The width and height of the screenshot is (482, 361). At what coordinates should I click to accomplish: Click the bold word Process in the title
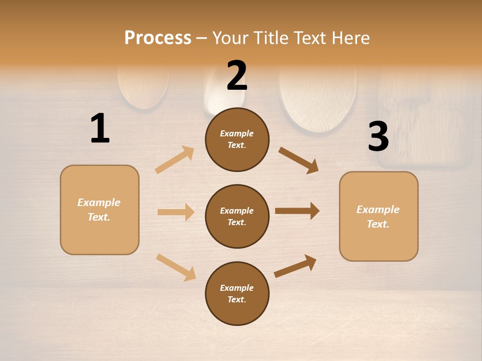158,38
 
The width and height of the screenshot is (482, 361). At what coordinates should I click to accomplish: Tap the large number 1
100,128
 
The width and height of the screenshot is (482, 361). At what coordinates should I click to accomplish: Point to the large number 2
237,76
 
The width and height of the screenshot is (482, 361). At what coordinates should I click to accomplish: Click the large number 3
378,137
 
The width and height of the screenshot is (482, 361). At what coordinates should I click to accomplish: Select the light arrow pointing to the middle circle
176,212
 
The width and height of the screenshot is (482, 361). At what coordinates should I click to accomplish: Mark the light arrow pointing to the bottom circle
176,267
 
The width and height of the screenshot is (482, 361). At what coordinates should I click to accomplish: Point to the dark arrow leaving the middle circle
297,211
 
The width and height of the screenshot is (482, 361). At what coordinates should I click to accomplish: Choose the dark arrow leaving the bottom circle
296,266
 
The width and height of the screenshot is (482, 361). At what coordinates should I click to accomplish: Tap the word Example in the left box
99,203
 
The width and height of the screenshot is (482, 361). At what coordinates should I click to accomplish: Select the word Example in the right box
378,210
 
